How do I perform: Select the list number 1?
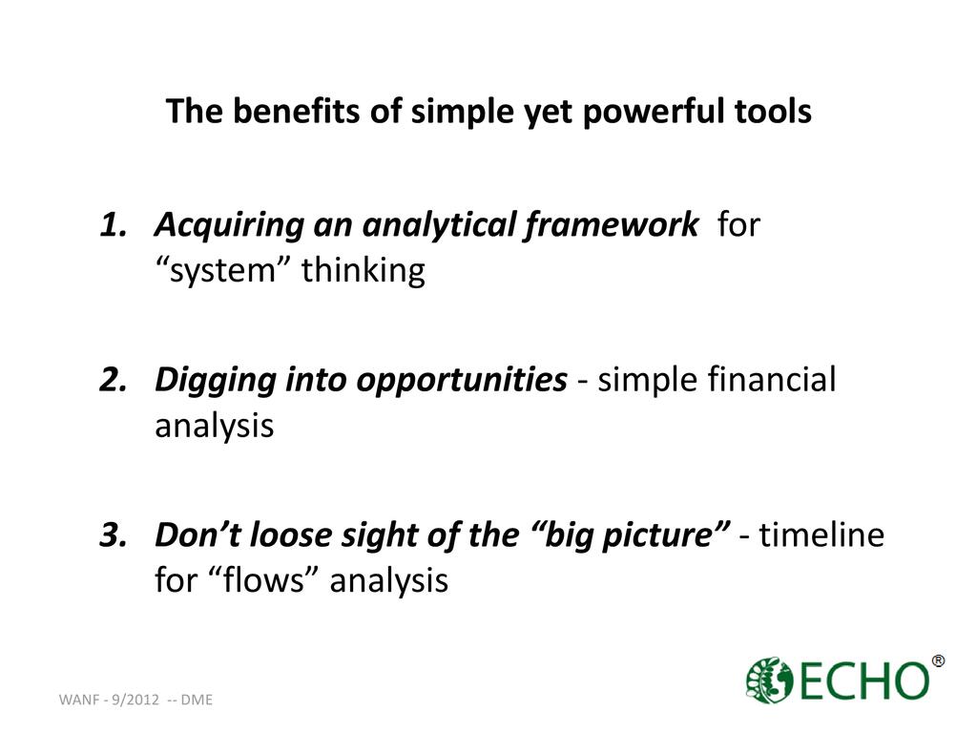113,224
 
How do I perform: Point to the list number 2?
113,380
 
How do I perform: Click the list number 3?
113,534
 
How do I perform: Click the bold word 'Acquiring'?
229,225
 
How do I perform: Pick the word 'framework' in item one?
611,224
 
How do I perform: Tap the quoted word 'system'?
223,271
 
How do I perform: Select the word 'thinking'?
364,270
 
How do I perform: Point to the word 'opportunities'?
462,381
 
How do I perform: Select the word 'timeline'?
821,534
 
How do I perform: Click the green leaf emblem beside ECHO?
769,681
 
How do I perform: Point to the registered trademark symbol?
938,660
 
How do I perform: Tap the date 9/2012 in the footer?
135,700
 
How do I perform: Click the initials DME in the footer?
197,700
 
